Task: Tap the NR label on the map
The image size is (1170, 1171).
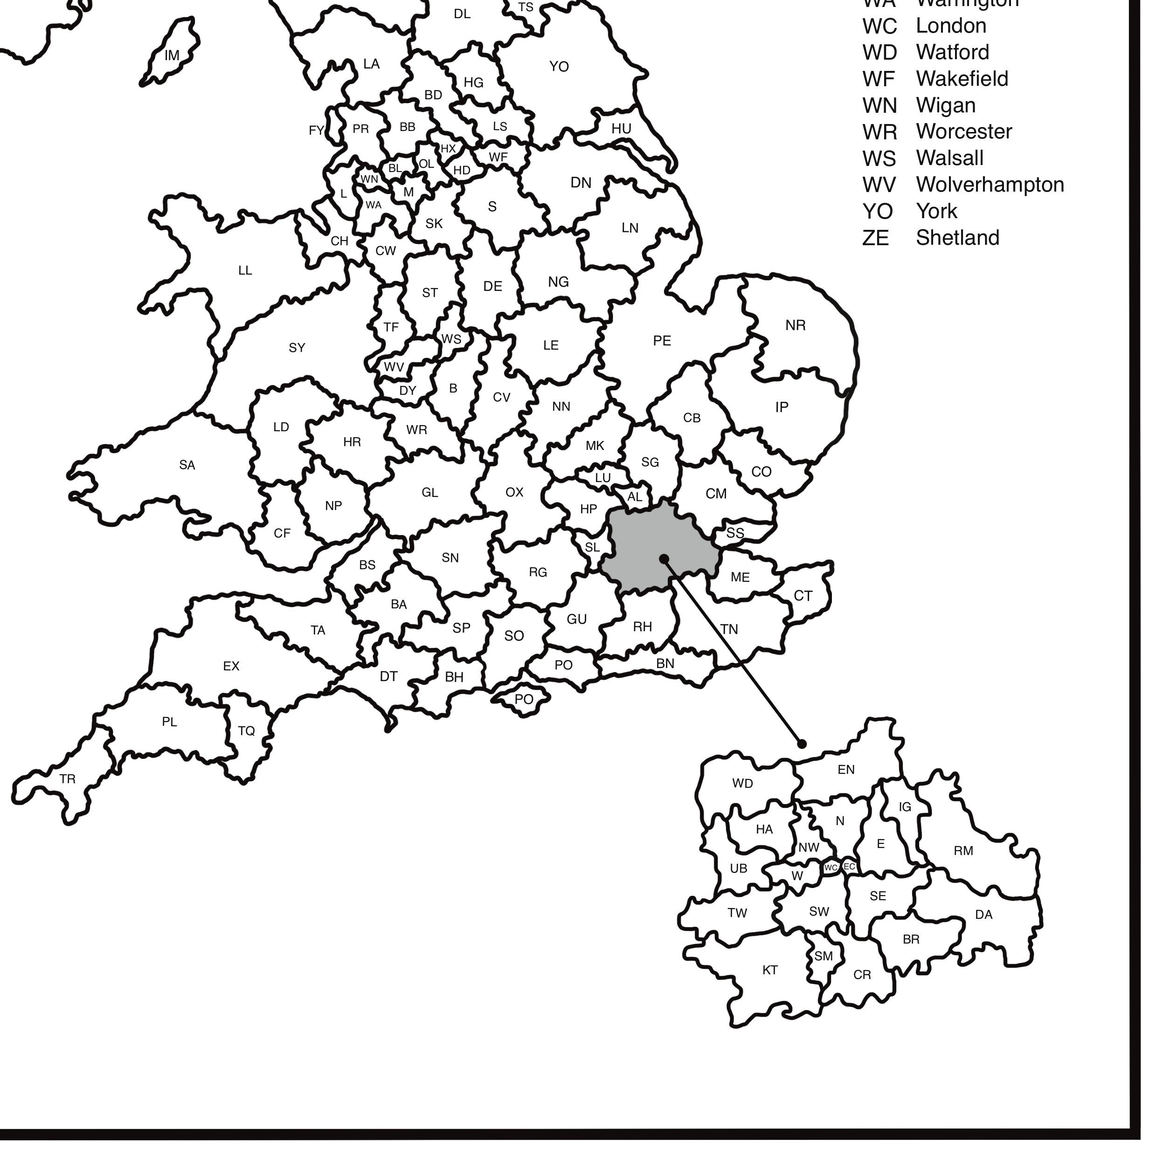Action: (796, 325)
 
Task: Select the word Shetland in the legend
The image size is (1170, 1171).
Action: (957, 238)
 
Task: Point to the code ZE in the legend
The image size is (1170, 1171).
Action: (875, 238)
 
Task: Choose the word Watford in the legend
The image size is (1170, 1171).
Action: (952, 53)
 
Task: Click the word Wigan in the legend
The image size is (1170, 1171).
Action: (946, 105)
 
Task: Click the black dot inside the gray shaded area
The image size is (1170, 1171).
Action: (664, 558)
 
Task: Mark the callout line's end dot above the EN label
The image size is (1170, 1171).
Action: (802, 744)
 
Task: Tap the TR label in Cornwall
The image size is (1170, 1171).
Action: (67, 779)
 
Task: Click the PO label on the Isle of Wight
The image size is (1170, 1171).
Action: (524, 699)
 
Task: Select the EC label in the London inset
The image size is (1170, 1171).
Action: (849, 867)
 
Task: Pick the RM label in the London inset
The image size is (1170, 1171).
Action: (963, 851)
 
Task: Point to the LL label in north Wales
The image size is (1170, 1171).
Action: (245, 270)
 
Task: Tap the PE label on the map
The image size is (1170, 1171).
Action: (662, 341)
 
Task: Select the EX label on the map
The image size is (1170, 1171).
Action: (231, 666)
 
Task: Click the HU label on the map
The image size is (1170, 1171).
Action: (621, 129)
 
